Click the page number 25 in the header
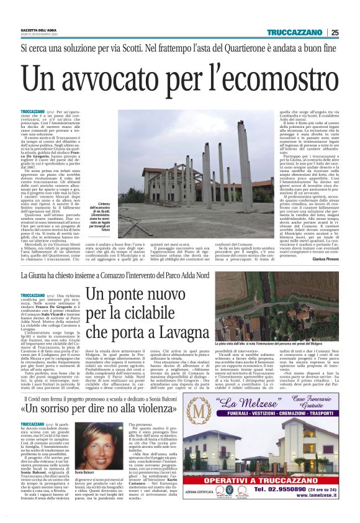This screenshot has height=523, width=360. click(335, 33)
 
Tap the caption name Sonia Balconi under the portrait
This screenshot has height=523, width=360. click(86, 473)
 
